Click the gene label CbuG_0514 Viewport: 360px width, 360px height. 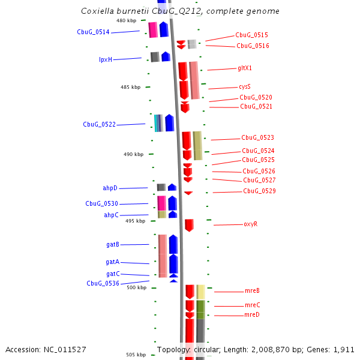pyautogui.click(x=93, y=32)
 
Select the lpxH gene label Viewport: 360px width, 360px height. pyautogui.click(x=106, y=59)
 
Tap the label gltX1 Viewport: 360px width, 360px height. pyautogui.click(x=245, y=68)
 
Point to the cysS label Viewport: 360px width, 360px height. pyautogui.click(x=245, y=87)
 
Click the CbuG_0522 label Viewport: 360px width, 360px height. pyautogui.click(x=99, y=125)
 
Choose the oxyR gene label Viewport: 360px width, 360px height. pyautogui.click(x=250, y=224)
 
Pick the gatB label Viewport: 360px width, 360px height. pyautogui.click(x=113, y=245)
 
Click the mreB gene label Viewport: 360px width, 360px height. pyautogui.click(x=252, y=291)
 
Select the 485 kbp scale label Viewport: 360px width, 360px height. pyautogui.click(x=130, y=87)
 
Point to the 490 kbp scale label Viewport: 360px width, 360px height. pyautogui.click(x=134, y=154)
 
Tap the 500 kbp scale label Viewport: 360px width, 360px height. pyautogui.click(x=137, y=287)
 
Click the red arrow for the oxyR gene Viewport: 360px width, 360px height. pyautogui.click(x=189, y=225)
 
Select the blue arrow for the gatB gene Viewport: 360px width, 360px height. pyautogui.click(x=173, y=244)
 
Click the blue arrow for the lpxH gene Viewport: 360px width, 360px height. pyautogui.click(x=166, y=57)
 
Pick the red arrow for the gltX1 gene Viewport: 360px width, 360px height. pyautogui.click(x=183, y=71)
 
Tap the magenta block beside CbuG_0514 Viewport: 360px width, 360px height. pyautogui.click(x=153, y=30)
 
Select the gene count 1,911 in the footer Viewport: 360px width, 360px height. pyautogui.click(x=343, y=349)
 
